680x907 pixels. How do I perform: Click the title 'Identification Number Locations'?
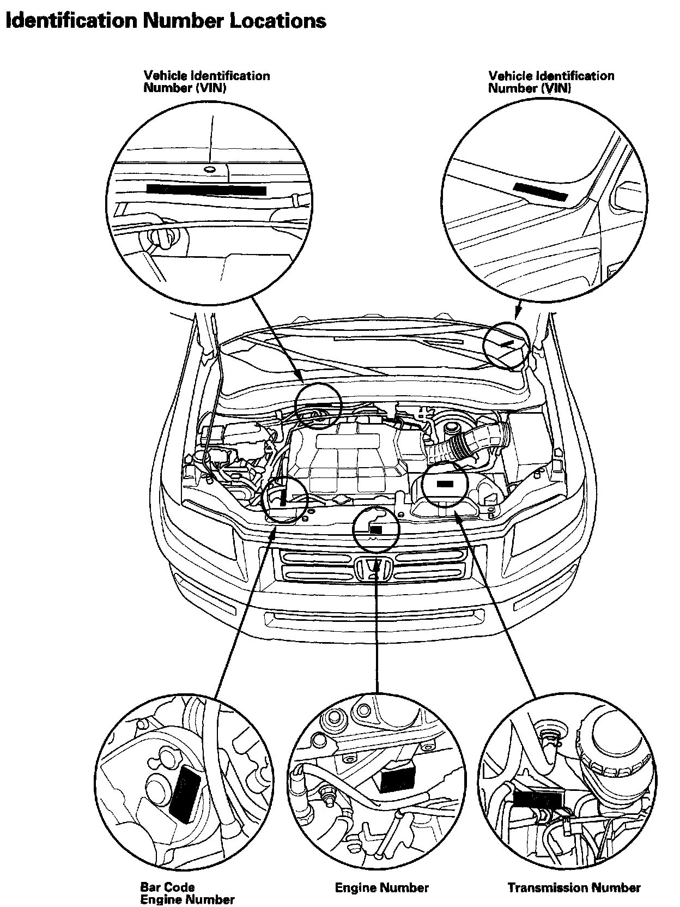tap(166, 21)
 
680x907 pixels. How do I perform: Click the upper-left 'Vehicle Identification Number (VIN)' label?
tap(207, 82)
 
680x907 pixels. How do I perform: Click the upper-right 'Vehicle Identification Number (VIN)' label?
tap(551, 82)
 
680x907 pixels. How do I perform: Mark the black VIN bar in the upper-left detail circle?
tap(206, 190)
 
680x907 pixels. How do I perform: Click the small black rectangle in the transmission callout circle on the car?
tap(445, 484)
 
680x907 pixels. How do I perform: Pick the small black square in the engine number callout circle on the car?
tap(375, 529)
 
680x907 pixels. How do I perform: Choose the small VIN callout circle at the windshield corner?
tap(506, 346)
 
